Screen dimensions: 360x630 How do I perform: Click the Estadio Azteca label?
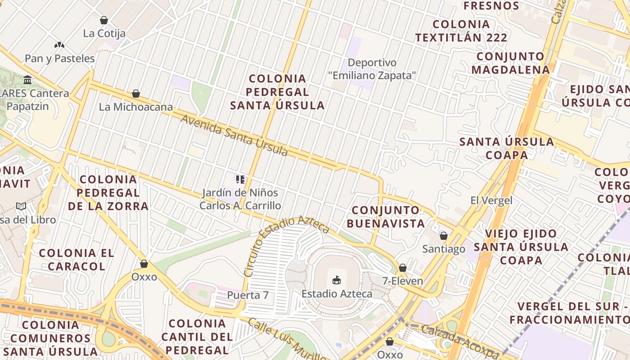337,294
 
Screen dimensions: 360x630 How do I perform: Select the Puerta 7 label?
247,295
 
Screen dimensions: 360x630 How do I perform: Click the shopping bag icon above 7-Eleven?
403,268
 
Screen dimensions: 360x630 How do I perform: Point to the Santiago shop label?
444,249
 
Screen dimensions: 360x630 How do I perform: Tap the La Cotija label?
104,33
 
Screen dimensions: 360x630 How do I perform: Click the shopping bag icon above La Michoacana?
136,94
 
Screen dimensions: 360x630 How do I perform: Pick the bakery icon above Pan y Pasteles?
59,45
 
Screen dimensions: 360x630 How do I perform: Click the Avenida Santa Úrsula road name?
234,135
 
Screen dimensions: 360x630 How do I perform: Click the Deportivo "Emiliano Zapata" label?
372,69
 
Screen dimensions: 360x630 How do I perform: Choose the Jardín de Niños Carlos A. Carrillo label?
240,199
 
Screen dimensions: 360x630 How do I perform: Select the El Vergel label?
491,200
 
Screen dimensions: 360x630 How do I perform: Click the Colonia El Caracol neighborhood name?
76,259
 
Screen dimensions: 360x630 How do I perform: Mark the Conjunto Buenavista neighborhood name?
388,216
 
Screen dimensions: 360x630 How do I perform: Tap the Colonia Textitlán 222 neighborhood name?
461,31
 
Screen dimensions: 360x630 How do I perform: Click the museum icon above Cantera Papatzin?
27,80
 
